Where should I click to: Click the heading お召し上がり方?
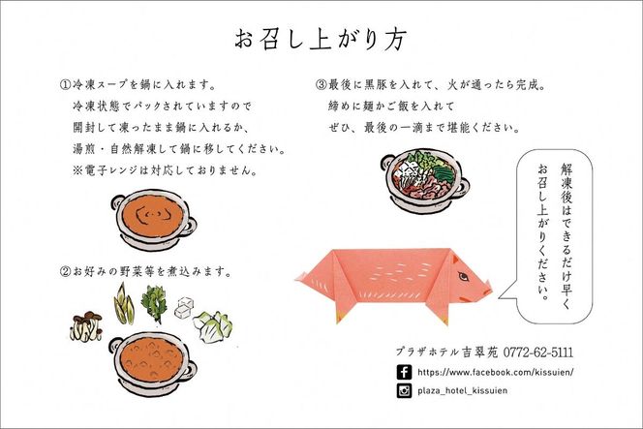coord(321,39)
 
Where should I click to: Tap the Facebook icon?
coord(403,372)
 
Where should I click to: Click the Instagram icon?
coord(403,391)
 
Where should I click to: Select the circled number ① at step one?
coord(64,85)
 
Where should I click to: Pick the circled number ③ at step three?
coord(321,85)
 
